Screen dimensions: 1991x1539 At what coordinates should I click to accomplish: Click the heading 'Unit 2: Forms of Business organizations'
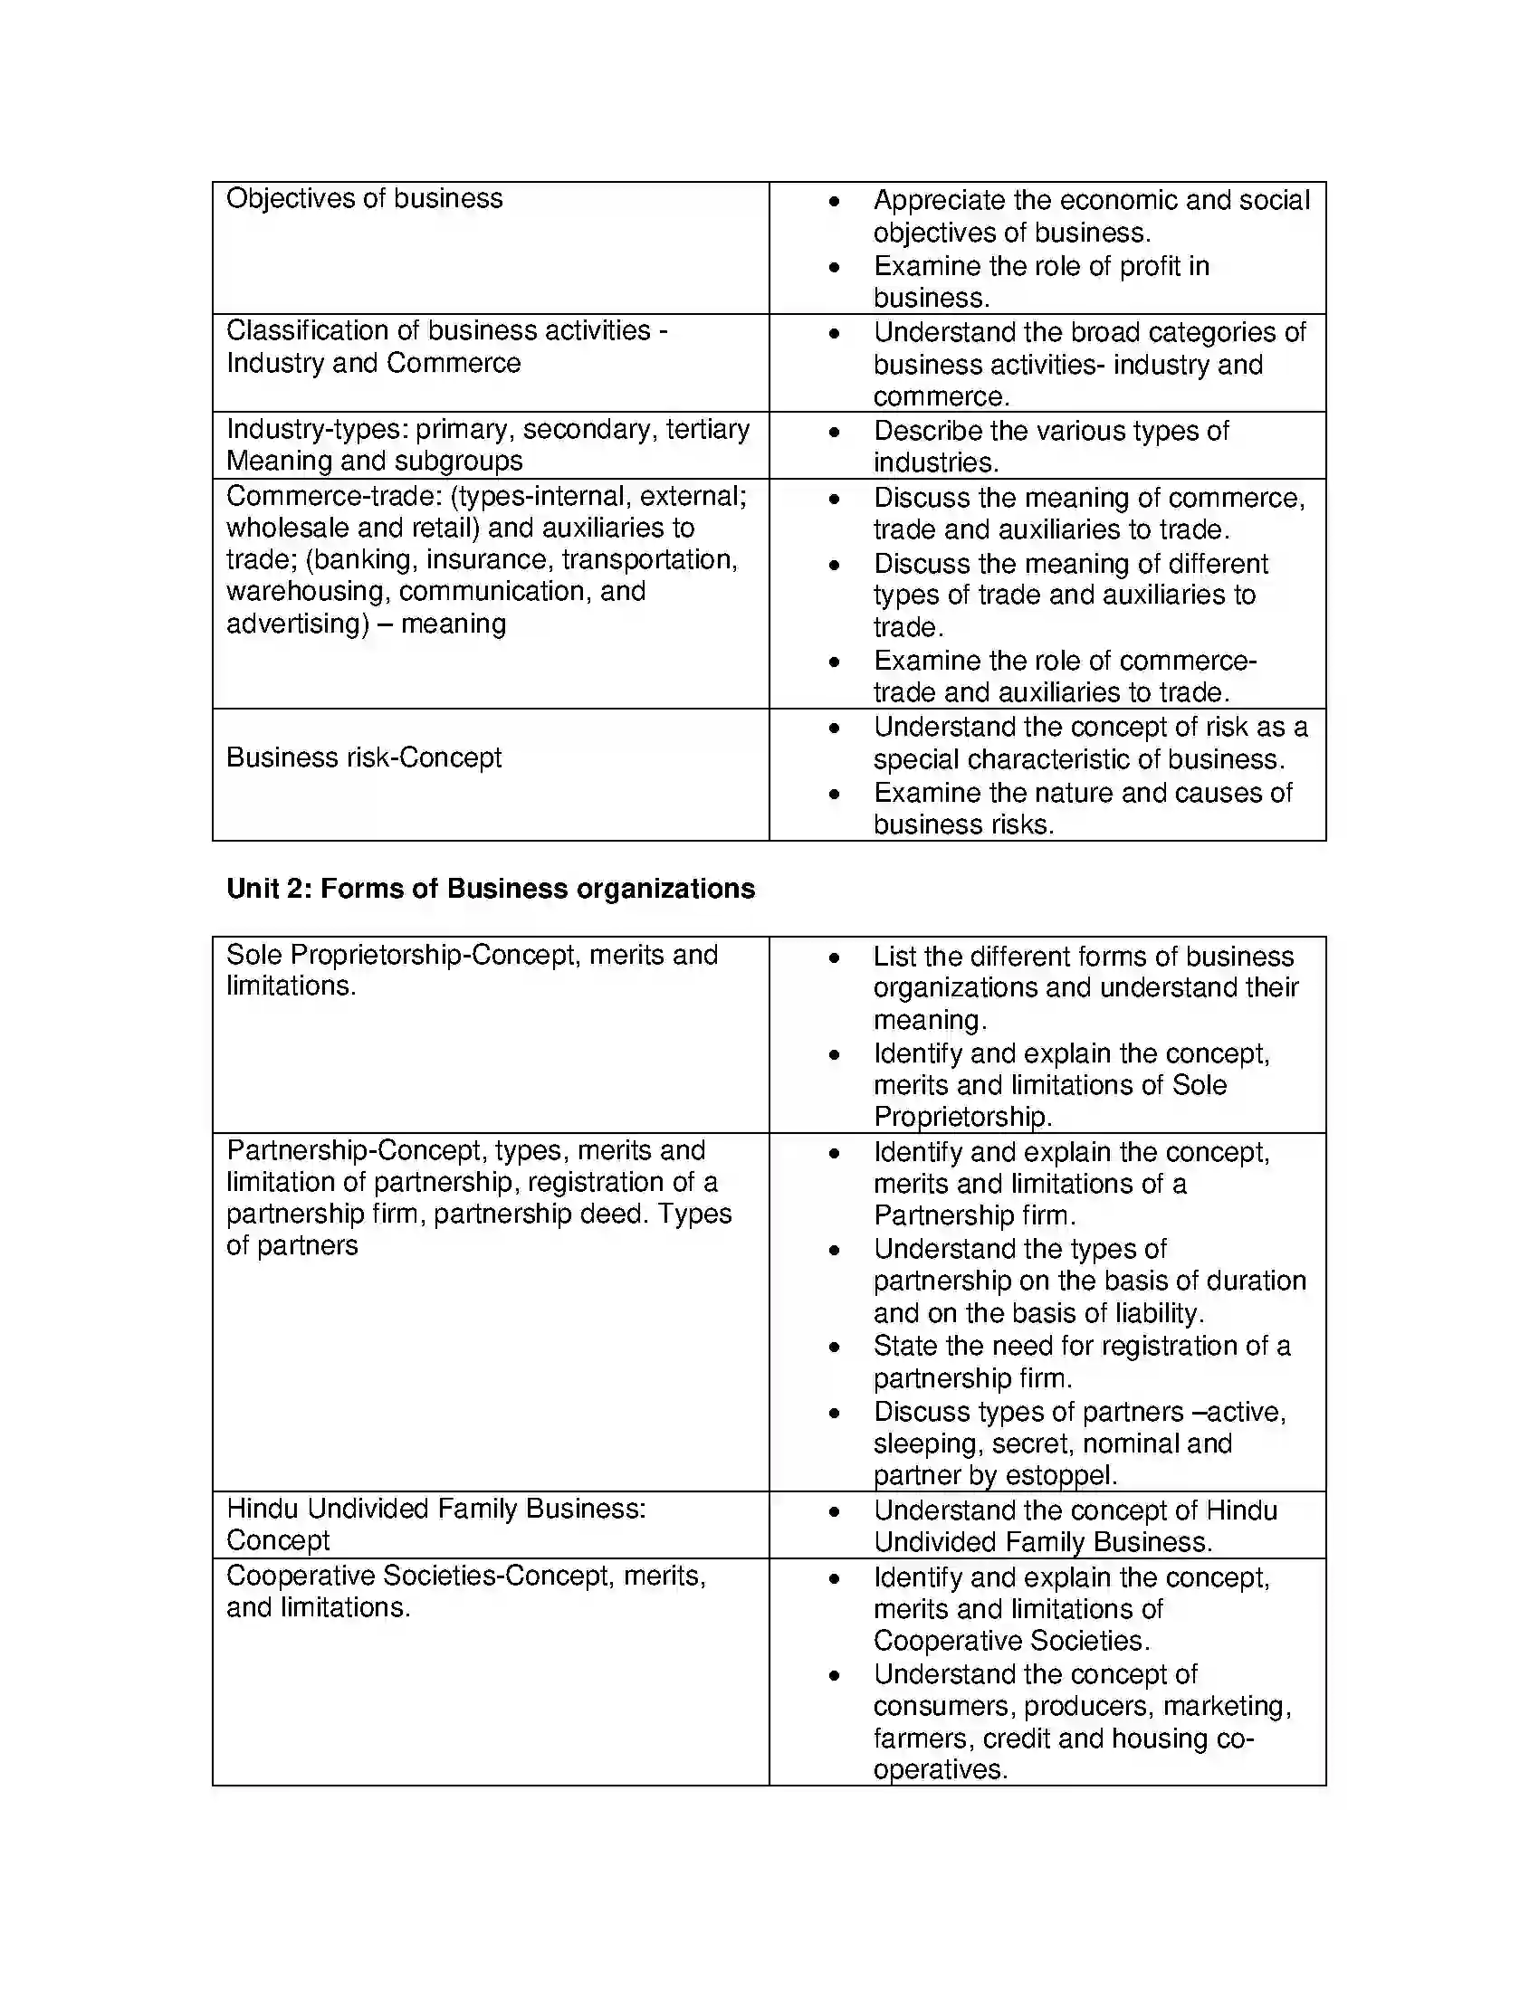coord(491,889)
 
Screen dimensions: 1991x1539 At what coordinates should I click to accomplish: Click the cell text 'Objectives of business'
coord(364,199)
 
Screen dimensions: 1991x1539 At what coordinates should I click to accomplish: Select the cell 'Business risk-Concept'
coord(364,757)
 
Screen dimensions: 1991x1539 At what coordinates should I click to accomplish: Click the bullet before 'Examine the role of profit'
coord(833,267)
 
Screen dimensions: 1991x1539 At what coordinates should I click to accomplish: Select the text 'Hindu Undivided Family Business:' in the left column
coord(435,1509)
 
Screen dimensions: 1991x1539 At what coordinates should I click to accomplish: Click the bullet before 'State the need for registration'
coord(833,1347)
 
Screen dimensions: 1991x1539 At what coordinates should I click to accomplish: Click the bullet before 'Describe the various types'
coord(833,432)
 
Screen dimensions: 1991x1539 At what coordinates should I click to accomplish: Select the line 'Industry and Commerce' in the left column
coord(373,363)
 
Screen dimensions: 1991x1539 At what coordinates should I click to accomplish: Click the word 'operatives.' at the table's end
coord(940,1769)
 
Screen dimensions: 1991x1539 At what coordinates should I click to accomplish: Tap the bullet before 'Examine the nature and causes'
coord(833,793)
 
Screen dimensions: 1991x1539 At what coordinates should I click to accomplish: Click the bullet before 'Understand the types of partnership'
coord(833,1250)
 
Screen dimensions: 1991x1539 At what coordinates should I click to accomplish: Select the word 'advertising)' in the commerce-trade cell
coord(297,624)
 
